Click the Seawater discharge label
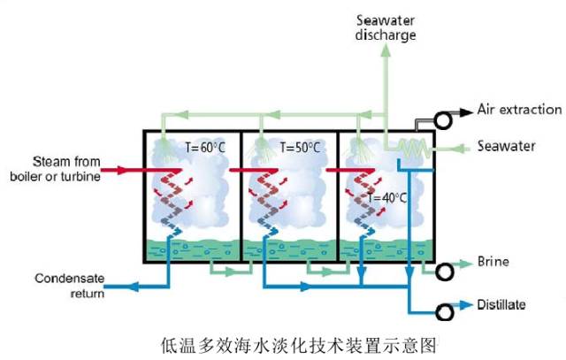(x=386, y=27)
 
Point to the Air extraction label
(x=519, y=110)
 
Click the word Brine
(x=493, y=263)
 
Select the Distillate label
(x=501, y=305)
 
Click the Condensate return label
(x=69, y=286)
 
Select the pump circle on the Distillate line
(x=446, y=312)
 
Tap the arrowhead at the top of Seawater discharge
(x=386, y=52)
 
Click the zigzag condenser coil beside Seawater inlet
(x=411, y=147)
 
